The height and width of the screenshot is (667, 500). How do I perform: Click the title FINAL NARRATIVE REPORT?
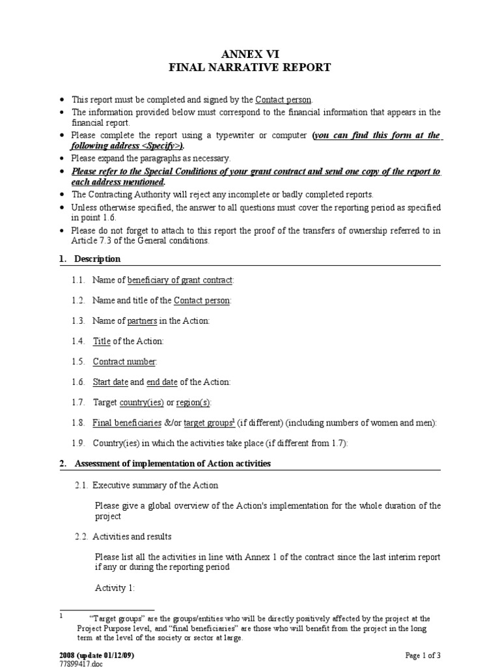(x=250, y=67)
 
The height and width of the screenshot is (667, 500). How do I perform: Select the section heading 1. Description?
(x=97, y=259)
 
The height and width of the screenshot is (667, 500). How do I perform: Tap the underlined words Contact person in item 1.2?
(x=202, y=300)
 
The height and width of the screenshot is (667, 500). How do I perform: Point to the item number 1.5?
(x=79, y=362)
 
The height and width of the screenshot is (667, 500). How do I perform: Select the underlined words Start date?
(x=110, y=382)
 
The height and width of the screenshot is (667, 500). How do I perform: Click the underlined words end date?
(x=161, y=382)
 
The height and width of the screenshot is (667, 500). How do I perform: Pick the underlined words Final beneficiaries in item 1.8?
(x=127, y=423)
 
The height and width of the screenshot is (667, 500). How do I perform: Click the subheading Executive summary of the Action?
(x=156, y=485)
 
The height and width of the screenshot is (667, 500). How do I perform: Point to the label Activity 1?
(x=115, y=588)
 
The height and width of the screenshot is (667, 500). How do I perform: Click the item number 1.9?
(x=79, y=444)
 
